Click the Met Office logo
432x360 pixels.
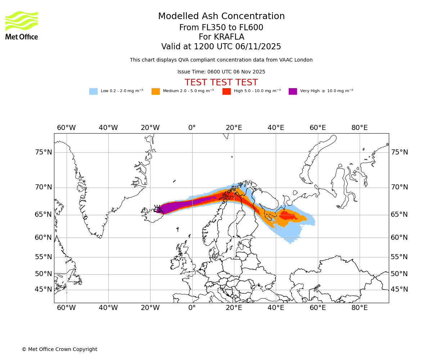22,25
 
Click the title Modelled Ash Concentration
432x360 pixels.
221,17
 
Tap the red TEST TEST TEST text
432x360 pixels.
221,83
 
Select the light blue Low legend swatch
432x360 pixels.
93,91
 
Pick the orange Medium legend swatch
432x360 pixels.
156,91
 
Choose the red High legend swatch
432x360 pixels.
226,91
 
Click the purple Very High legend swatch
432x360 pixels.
293,91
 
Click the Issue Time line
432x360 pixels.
221,72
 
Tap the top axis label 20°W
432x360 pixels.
150,128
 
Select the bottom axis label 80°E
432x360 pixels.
360,308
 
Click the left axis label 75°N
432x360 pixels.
44,152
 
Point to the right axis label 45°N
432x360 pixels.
399,289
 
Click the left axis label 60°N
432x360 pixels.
44,238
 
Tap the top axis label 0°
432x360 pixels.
192,128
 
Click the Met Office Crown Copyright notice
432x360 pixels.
59,350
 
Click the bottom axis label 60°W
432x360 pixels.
66,308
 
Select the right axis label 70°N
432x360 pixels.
399,187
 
